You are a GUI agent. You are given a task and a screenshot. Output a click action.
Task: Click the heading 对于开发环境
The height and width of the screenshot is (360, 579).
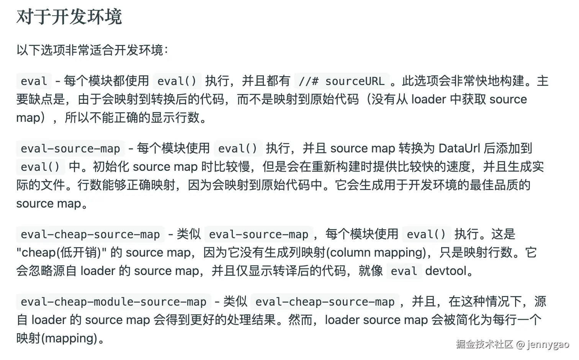[x=69, y=17]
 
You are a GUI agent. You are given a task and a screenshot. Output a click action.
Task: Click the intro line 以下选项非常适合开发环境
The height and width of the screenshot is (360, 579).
[x=92, y=50]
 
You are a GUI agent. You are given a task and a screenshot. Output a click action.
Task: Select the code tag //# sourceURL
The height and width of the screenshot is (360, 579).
[x=342, y=81]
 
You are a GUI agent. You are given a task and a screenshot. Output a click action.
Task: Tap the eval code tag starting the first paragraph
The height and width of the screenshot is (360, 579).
[x=34, y=81]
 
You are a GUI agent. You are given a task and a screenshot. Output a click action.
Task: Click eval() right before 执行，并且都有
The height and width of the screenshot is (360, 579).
[x=177, y=81]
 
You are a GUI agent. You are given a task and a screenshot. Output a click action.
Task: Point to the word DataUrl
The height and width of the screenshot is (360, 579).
[x=459, y=148]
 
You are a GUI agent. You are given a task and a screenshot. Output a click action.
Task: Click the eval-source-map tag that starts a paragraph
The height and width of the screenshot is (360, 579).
[x=70, y=149]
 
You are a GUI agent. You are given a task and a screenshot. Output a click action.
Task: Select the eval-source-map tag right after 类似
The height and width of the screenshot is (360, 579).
[x=258, y=234]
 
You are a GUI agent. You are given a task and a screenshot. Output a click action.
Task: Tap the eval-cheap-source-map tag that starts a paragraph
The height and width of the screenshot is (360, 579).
[x=90, y=234]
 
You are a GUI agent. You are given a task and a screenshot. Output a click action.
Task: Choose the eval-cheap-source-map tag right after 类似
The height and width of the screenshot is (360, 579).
[x=325, y=302]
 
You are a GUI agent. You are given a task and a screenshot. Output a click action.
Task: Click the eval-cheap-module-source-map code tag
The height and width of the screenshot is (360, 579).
[x=113, y=302]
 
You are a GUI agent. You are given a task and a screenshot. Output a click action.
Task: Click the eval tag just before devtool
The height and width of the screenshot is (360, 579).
[x=404, y=271]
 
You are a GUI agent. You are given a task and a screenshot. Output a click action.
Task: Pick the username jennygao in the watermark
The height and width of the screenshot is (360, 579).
[x=548, y=344]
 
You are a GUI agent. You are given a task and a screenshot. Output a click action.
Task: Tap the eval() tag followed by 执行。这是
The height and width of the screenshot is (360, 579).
[x=426, y=234]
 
